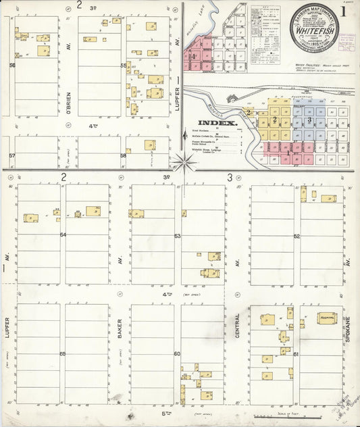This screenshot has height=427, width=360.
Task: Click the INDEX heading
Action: tap(222, 124)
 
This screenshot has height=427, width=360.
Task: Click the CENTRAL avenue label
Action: tap(238, 336)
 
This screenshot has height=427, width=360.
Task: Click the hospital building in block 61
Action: tap(327, 318)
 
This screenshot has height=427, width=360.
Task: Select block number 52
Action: tap(297, 236)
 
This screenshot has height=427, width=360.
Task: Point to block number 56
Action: tap(12, 66)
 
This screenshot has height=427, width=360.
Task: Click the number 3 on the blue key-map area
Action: tap(309, 120)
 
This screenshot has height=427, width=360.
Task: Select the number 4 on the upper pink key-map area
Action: tap(194, 57)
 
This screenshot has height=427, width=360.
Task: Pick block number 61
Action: tap(296, 353)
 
